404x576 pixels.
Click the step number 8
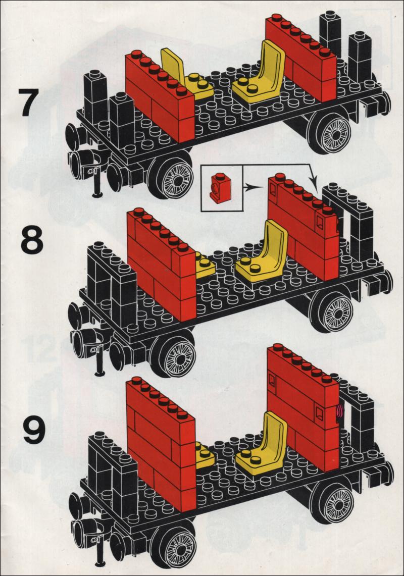tap(32, 240)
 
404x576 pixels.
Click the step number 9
tap(35, 430)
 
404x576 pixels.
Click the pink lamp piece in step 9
tap(339, 411)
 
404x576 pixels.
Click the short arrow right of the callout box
tap(254, 187)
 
